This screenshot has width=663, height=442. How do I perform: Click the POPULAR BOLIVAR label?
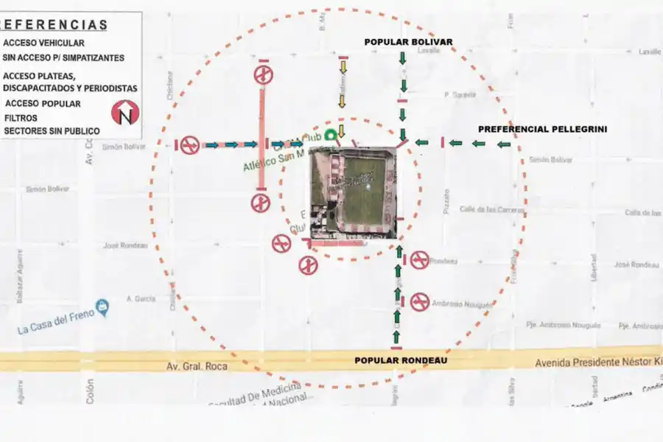(x=408, y=42)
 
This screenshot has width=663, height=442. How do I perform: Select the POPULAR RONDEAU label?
(x=401, y=360)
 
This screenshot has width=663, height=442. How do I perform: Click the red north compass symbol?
(x=124, y=113)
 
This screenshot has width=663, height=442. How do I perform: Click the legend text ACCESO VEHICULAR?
(x=43, y=43)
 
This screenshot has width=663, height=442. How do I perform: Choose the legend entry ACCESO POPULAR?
(x=43, y=104)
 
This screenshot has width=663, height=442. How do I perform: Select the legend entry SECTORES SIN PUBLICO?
(x=51, y=130)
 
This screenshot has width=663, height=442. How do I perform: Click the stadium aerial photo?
(x=354, y=195)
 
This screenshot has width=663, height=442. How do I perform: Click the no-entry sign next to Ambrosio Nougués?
(x=420, y=301)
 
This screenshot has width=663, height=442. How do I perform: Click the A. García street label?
(x=138, y=298)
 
